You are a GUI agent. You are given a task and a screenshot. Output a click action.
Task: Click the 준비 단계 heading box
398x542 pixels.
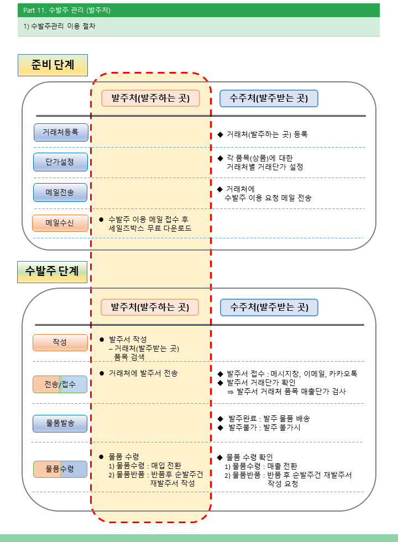click(x=53, y=65)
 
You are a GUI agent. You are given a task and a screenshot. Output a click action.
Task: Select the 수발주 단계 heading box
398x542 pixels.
click(x=52, y=272)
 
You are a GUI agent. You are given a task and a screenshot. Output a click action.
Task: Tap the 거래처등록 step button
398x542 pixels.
click(x=61, y=132)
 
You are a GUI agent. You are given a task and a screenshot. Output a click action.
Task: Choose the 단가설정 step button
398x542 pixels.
click(x=60, y=161)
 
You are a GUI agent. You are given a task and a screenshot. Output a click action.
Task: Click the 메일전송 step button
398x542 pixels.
click(x=60, y=192)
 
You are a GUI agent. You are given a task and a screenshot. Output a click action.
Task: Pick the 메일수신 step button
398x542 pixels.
click(x=60, y=223)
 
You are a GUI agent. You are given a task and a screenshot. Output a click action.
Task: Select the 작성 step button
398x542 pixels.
click(x=60, y=342)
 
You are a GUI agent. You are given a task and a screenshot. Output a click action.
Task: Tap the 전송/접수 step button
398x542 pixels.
click(x=60, y=384)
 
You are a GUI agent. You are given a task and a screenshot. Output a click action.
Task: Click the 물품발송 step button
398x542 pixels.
click(x=60, y=424)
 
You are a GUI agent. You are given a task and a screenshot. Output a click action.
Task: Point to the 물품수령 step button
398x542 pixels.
click(x=60, y=469)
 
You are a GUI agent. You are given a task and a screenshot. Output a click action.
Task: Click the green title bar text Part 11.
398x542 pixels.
click(x=34, y=11)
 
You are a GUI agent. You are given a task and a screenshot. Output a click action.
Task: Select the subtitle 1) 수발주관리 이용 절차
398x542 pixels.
click(x=60, y=27)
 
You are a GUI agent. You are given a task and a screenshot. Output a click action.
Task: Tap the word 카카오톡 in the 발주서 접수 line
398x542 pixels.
click(x=343, y=374)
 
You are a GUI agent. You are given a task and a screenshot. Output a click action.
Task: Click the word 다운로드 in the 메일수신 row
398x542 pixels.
click(x=177, y=228)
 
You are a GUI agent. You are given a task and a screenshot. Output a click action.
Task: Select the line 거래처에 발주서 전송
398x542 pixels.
click(x=143, y=373)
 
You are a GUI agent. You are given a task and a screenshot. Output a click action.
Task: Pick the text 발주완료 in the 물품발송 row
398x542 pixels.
click(x=243, y=419)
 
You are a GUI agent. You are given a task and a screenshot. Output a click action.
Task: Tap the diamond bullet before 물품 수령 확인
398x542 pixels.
click(x=220, y=458)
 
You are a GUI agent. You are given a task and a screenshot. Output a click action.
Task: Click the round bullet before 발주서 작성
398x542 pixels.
click(x=102, y=340)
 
